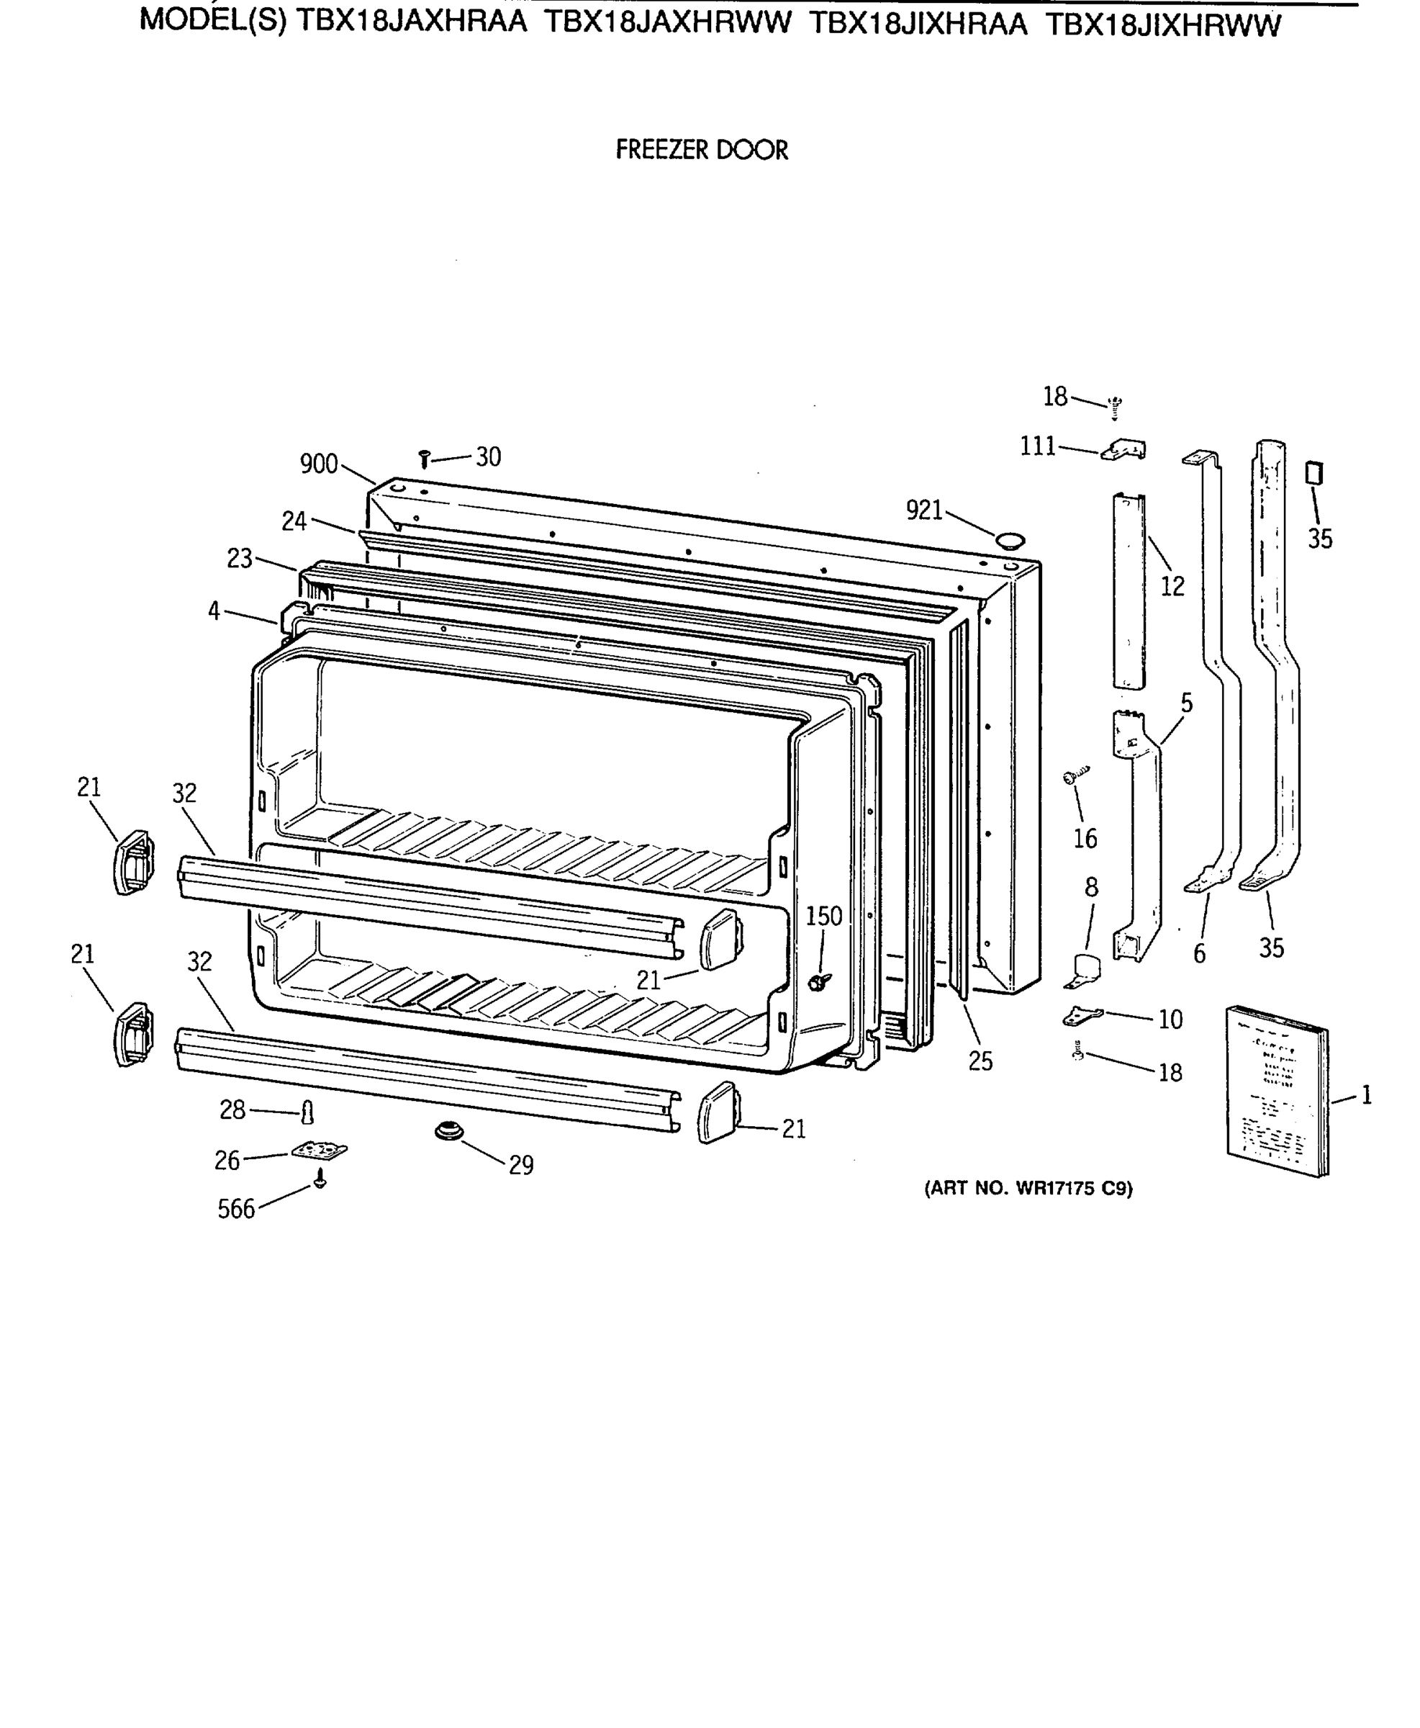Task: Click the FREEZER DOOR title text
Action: [701, 150]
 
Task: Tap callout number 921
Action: [924, 510]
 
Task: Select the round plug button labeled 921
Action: [1009, 539]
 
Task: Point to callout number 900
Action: [319, 464]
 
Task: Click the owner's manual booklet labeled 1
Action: [1276, 1092]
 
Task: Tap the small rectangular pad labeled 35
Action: [1314, 474]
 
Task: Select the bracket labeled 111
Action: [1125, 450]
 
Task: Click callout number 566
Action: [236, 1210]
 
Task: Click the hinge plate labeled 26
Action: [319, 1151]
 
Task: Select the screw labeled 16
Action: [1075, 775]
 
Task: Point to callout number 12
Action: [1172, 586]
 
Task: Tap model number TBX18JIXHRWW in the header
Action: [1162, 26]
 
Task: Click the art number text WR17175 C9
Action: [1028, 1189]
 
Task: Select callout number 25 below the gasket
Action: [980, 1061]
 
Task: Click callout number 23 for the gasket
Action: [240, 559]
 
